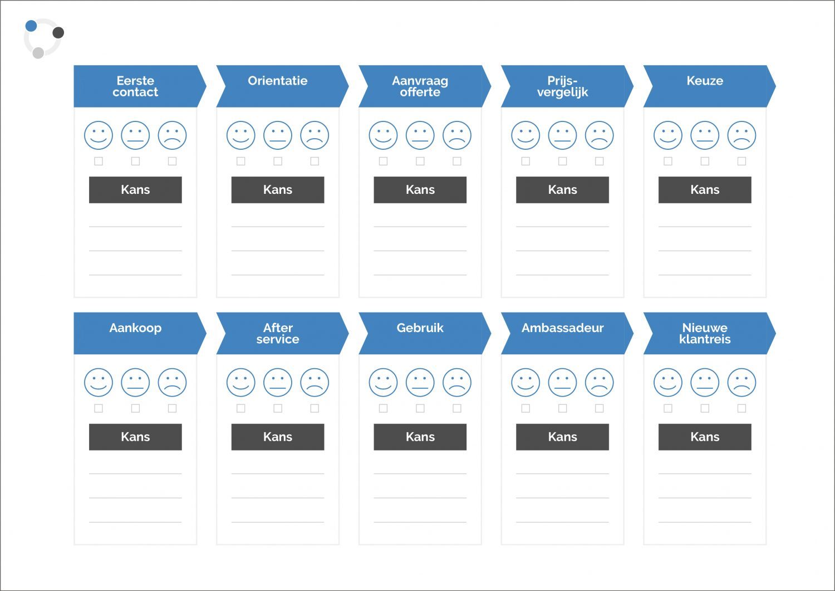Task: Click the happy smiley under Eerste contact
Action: [99, 135]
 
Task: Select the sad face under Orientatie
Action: [315, 135]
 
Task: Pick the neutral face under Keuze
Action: [705, 135]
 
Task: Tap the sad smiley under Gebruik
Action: [457, 383]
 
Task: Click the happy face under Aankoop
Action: [99, 383]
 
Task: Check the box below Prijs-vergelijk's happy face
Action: [525, 161]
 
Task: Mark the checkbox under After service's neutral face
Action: [278, 408]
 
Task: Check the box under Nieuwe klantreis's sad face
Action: [742, 408]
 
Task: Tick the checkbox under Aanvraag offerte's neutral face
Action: [420, 161]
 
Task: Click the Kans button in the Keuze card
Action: [705, 190]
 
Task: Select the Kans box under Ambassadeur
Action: [562, 437]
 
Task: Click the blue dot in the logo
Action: [31, 26]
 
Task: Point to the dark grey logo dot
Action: [58, 33]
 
